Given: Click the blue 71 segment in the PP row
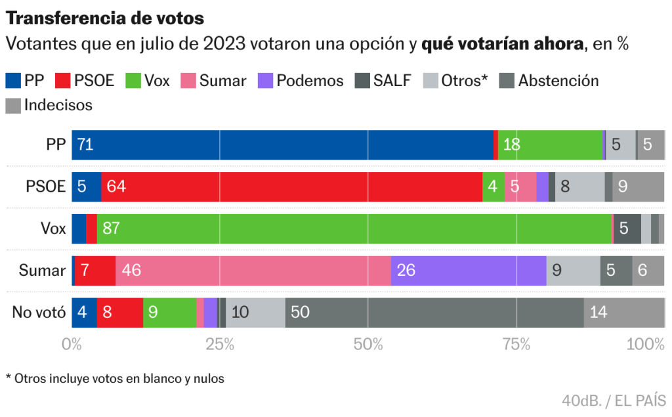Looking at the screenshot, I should click(x=282, y=144).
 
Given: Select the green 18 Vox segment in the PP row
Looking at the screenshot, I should click(x=550, y=144).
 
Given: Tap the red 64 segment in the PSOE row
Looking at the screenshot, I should click(x=291, y=187).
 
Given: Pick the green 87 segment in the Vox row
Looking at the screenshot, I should click(x=354, y=229).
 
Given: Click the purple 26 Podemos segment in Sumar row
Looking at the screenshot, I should click(x=469, y=270).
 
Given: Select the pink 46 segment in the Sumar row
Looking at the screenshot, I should click(x=253, y=270).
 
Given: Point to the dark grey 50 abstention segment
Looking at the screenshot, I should click(x=434, y=312).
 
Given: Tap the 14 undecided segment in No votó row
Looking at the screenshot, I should click(x=623, y=312).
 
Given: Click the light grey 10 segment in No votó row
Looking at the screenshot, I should click(x=255, y=312).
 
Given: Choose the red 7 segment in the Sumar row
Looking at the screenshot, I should click(x=95, y=270).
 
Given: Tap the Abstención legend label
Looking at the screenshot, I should click(x=558, y=81).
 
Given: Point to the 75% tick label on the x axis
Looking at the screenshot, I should click(x=516, y=344).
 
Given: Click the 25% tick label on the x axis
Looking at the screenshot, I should click(x=219, y=344).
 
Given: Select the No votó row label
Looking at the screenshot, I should click(x=39, y=313).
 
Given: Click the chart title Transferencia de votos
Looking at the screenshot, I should click(x=105, y=18).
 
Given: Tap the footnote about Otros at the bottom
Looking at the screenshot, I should click(x=115, y=379).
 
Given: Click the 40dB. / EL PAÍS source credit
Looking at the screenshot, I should click(x=614, y=400).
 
